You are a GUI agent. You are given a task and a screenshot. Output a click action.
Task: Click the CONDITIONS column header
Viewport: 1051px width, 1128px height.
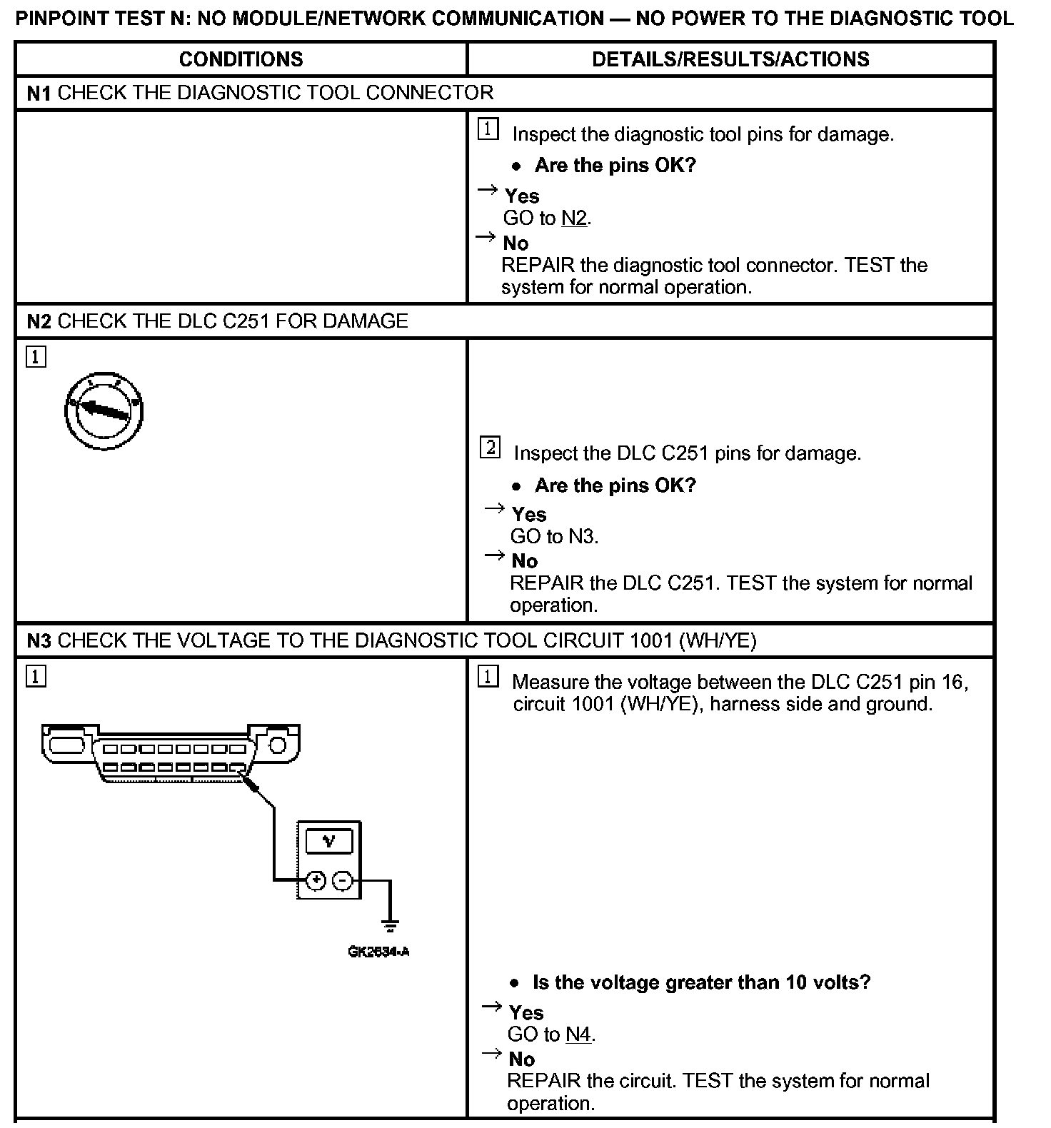click(241, 59)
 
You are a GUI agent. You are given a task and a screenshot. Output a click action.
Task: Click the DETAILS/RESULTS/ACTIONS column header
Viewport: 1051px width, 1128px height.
click(730, 59)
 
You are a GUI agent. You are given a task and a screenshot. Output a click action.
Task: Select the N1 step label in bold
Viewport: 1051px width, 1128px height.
click(39, 93)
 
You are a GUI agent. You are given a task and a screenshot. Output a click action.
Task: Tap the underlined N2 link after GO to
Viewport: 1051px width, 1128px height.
click(574, 218)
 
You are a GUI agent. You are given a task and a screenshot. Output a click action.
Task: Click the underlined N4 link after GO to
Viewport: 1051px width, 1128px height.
click(578, 1034)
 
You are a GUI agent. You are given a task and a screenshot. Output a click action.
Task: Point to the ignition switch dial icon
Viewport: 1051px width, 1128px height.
click(104, 411)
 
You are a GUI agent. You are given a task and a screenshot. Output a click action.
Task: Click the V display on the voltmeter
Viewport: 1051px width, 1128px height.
click(328, 842)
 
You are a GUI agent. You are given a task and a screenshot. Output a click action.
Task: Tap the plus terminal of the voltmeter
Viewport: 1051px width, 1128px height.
click(316, 881)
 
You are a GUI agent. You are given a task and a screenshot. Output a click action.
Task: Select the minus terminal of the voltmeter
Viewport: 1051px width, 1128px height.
click(342, 881)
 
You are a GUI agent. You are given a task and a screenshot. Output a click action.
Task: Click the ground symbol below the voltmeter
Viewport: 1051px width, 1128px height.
click(390, 926)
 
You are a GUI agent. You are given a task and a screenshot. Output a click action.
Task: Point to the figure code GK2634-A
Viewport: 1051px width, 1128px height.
click(378, 952)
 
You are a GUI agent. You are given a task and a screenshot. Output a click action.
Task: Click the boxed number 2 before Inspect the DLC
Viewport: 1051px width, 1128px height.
click(490, 448)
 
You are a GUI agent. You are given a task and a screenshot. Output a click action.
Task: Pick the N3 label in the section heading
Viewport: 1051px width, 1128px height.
click(39, 640)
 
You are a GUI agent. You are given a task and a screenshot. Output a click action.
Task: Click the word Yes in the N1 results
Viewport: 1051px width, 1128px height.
click(522, 196)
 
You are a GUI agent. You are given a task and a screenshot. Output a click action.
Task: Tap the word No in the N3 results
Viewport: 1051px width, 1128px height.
click(522, 1059)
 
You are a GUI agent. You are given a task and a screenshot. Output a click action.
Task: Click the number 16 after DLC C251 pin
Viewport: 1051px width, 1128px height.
click(952, 682)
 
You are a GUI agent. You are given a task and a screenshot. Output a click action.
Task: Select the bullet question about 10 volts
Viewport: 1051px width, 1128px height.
click(701, 982)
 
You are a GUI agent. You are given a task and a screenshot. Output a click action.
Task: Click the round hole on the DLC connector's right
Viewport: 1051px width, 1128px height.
click(277, 746)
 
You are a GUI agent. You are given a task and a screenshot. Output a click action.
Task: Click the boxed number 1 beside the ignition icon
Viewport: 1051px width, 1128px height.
click(36, 356)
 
